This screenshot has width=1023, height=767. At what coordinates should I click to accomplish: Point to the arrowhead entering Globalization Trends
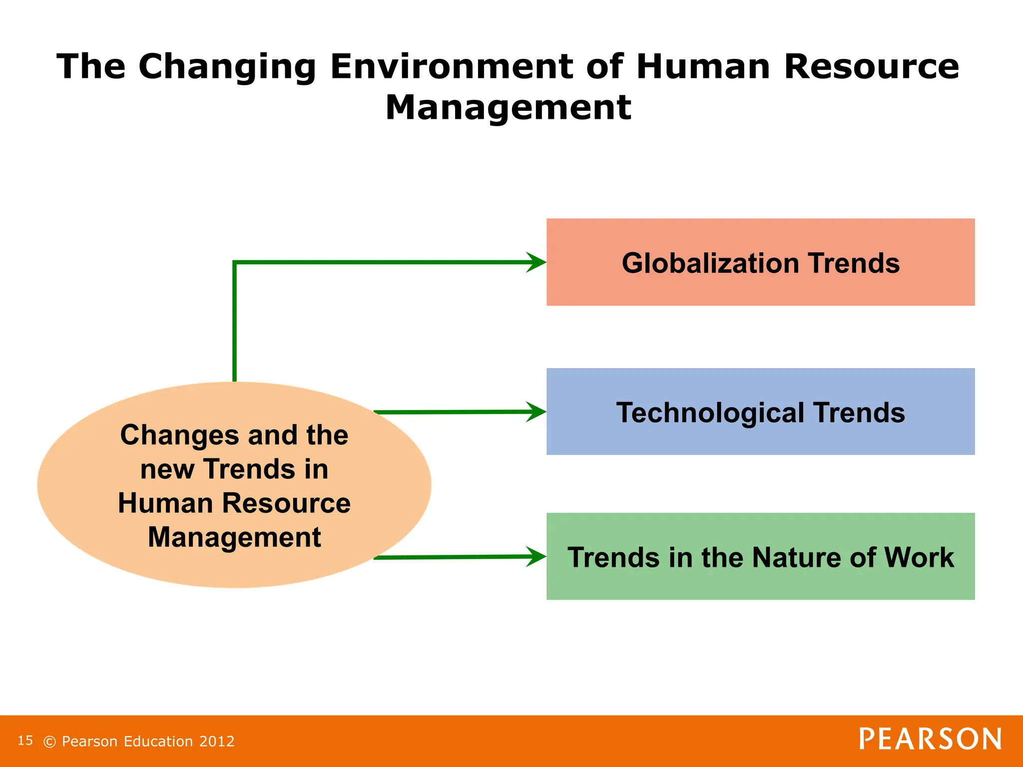(537, 262)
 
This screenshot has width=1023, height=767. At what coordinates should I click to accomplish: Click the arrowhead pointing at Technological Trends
(537, 412)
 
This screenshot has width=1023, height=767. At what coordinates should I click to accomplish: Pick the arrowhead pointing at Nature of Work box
(537, 557)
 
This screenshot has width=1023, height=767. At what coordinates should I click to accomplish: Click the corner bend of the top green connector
(235, 263)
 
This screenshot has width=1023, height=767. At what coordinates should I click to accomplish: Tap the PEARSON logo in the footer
(930, 740)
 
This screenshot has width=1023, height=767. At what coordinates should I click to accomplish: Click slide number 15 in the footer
(25, 741)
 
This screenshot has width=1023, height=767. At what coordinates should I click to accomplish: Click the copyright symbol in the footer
(49, 742)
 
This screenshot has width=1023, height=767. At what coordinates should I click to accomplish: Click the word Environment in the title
(451, 66)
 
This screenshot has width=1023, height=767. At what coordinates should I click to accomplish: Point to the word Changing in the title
(227, 67)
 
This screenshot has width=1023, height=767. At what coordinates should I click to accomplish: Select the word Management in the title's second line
(508, 108)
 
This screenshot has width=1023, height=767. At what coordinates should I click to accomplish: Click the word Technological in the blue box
(710, 413)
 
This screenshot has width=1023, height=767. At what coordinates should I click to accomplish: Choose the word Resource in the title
(871, 66)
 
